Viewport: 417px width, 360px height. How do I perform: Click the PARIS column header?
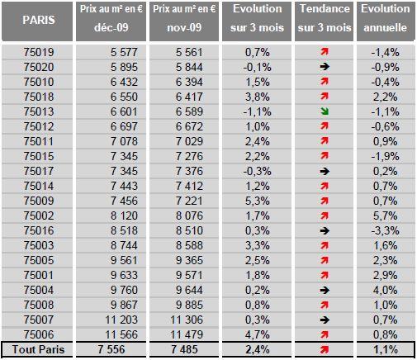[x=39, y=20]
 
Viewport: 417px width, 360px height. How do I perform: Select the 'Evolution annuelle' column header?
[x=386, y=18]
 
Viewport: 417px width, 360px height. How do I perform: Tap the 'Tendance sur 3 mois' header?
[x=325, y=18]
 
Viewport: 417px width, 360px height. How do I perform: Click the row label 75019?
[x=39, y=52]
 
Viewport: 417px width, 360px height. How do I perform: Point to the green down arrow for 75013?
[x=325, y=111]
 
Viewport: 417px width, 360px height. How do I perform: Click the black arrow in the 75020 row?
[x=325, y=67]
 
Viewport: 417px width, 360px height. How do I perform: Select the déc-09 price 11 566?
[x=121, y=334]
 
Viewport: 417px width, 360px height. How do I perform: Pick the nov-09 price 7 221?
[x=189, y=201]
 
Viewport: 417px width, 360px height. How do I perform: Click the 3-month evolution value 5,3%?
[x=258, y=201]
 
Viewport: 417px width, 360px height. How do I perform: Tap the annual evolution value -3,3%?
[x=386, y=230]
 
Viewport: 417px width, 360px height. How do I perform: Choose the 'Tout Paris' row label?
[x=38, y=349]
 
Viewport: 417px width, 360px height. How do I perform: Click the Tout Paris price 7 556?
[x=111, y=349]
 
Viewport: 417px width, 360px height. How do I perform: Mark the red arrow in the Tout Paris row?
[x=325, y=349]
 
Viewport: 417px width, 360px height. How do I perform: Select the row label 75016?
[x=39, y=230]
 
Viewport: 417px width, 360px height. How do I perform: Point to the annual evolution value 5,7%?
[x=386, y=216]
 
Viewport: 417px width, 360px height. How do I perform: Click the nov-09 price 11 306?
[x=187, y=320]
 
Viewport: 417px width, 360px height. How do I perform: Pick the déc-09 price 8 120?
[x=124, y=216]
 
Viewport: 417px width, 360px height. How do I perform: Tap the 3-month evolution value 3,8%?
[x=258, y=97]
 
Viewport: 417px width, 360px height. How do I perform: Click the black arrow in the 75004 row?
[x=325, y=290]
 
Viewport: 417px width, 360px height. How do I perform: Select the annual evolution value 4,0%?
[x=386, y=290]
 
